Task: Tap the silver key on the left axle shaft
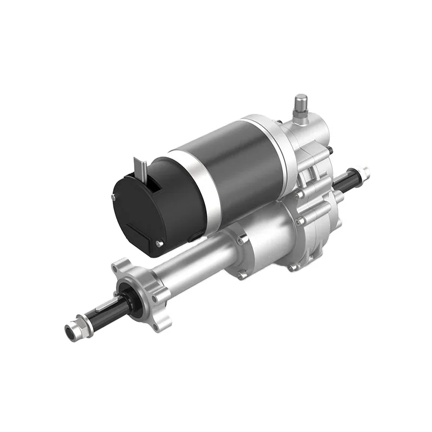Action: point(103,309)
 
